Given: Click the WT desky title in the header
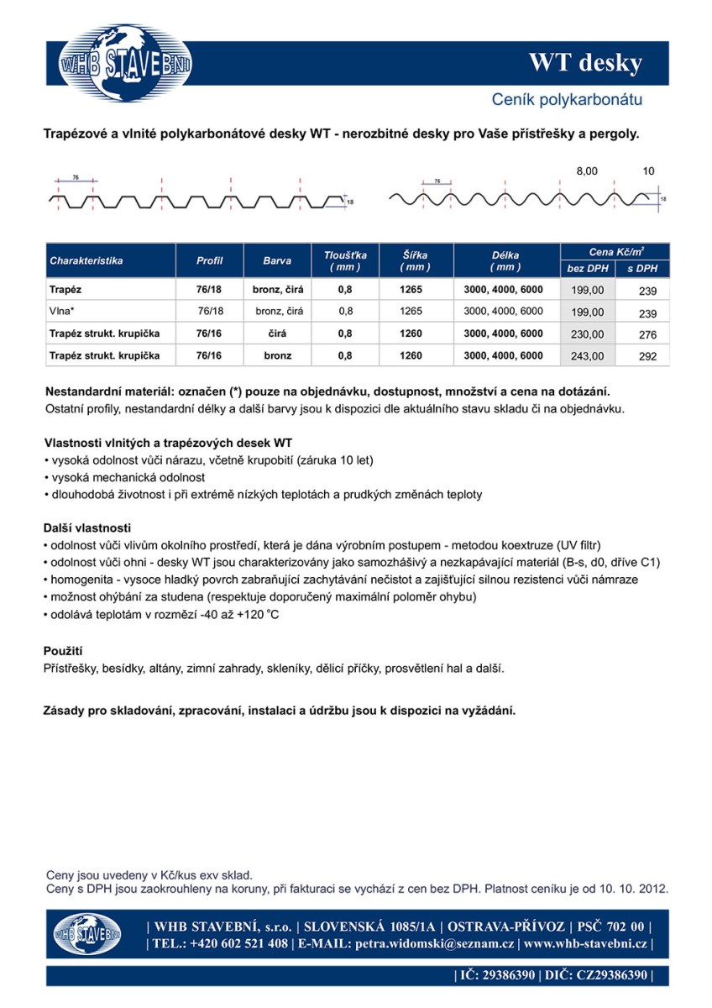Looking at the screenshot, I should click(x=584, y=63).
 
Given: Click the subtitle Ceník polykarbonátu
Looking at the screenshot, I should click(x=567, y=100).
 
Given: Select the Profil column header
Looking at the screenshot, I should click(x=209, y=260).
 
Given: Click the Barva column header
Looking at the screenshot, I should click(x=277, y=260).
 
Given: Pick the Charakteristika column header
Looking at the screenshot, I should click(x=86, y=260).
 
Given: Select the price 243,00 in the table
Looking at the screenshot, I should click(x=587, y=356).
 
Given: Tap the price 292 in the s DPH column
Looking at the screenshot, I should click(x=647, y=356).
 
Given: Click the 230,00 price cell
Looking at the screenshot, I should click(x=587, y=334).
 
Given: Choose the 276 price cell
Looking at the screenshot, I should click(x=647, y=334).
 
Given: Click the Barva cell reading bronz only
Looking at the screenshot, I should click(x=277, y=355).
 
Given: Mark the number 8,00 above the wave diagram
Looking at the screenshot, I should click(x=587, y=171).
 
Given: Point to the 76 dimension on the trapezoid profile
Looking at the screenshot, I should click(x=76, y=178).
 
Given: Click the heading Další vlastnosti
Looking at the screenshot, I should click(x=87, y=528).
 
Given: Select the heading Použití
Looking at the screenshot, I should click(x=63, y=651).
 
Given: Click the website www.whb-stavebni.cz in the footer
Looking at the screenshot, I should click(x=584, y=943).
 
